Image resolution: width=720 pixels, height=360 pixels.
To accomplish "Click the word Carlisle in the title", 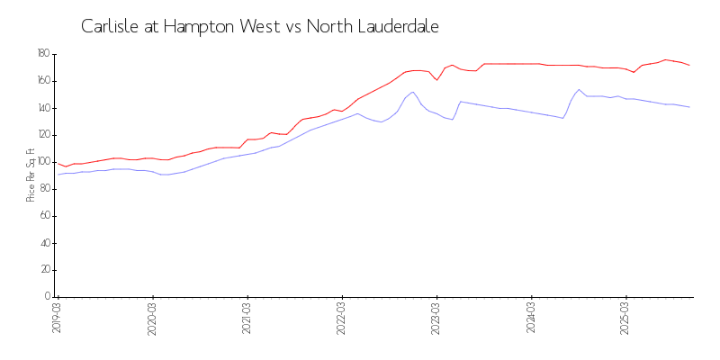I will [x=109, y=26].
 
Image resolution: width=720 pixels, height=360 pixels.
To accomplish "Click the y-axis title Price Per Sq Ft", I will [x=31, y=175].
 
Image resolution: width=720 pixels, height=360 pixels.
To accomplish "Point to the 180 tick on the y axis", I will [x=42, y=54].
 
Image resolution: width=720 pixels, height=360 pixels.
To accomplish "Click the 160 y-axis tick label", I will [x=42, y=81].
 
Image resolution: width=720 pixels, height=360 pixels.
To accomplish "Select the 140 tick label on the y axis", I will [x=42, y=108].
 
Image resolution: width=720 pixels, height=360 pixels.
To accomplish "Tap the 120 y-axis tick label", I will [x=42, y=135].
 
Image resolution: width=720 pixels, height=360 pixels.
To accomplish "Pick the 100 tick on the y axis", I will [x=42, y=162].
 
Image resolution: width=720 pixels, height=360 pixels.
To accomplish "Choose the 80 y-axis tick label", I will [x=44, y=189].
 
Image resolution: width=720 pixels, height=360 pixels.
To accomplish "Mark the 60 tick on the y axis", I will [x=44, y=216].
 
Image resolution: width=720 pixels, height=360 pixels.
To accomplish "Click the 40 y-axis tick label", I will [x=44, y=243].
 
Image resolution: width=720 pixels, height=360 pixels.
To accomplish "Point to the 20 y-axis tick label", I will [x=44, y=270].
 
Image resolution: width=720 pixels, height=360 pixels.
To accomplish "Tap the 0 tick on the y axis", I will [x=47, y=297].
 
